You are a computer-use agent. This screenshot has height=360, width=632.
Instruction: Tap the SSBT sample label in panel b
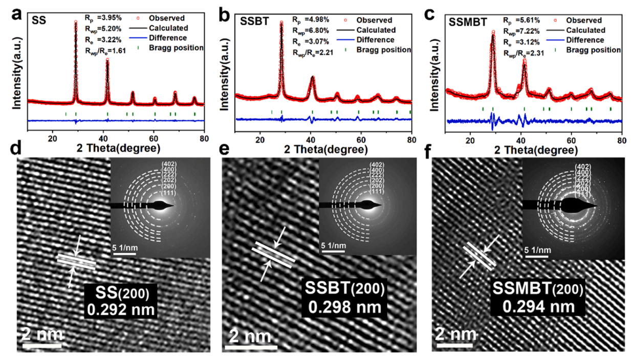[x=253, y=22]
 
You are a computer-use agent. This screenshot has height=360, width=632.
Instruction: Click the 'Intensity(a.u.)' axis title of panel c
[x=435, y=77]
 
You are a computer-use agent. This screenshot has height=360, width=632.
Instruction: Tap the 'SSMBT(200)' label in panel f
[x=537, y=290]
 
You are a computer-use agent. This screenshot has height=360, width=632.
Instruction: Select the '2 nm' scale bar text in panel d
[x=42, y=335]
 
